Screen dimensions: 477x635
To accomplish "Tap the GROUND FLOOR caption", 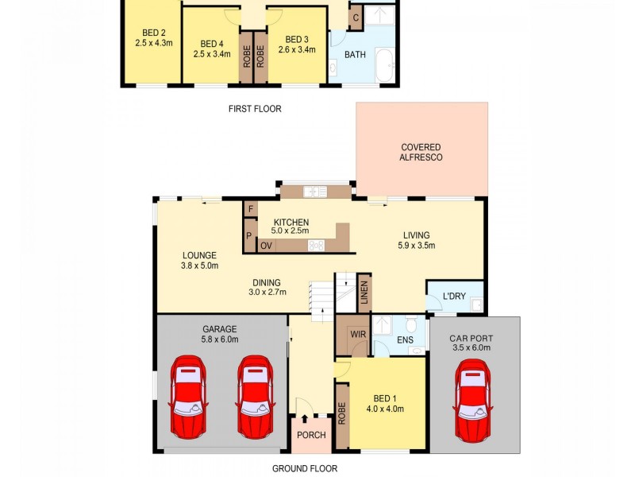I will point(305,468).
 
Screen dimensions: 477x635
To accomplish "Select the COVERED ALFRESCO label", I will point(421,153).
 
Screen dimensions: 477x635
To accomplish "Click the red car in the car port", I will point(474,401).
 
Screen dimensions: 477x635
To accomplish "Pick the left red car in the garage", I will point(187,397).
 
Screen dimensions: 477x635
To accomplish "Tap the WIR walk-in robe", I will point(358,335).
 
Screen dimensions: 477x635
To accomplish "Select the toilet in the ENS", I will point(411,325).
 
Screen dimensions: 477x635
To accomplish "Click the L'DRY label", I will point(454,297).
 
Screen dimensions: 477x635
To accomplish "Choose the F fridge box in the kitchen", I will point(251,210).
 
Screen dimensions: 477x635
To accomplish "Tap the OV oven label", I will point(267,245).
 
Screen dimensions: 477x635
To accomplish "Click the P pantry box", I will point(249,236).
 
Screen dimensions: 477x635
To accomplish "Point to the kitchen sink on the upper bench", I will point(314,191).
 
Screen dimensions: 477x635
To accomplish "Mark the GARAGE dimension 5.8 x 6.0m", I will point(220,339).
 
